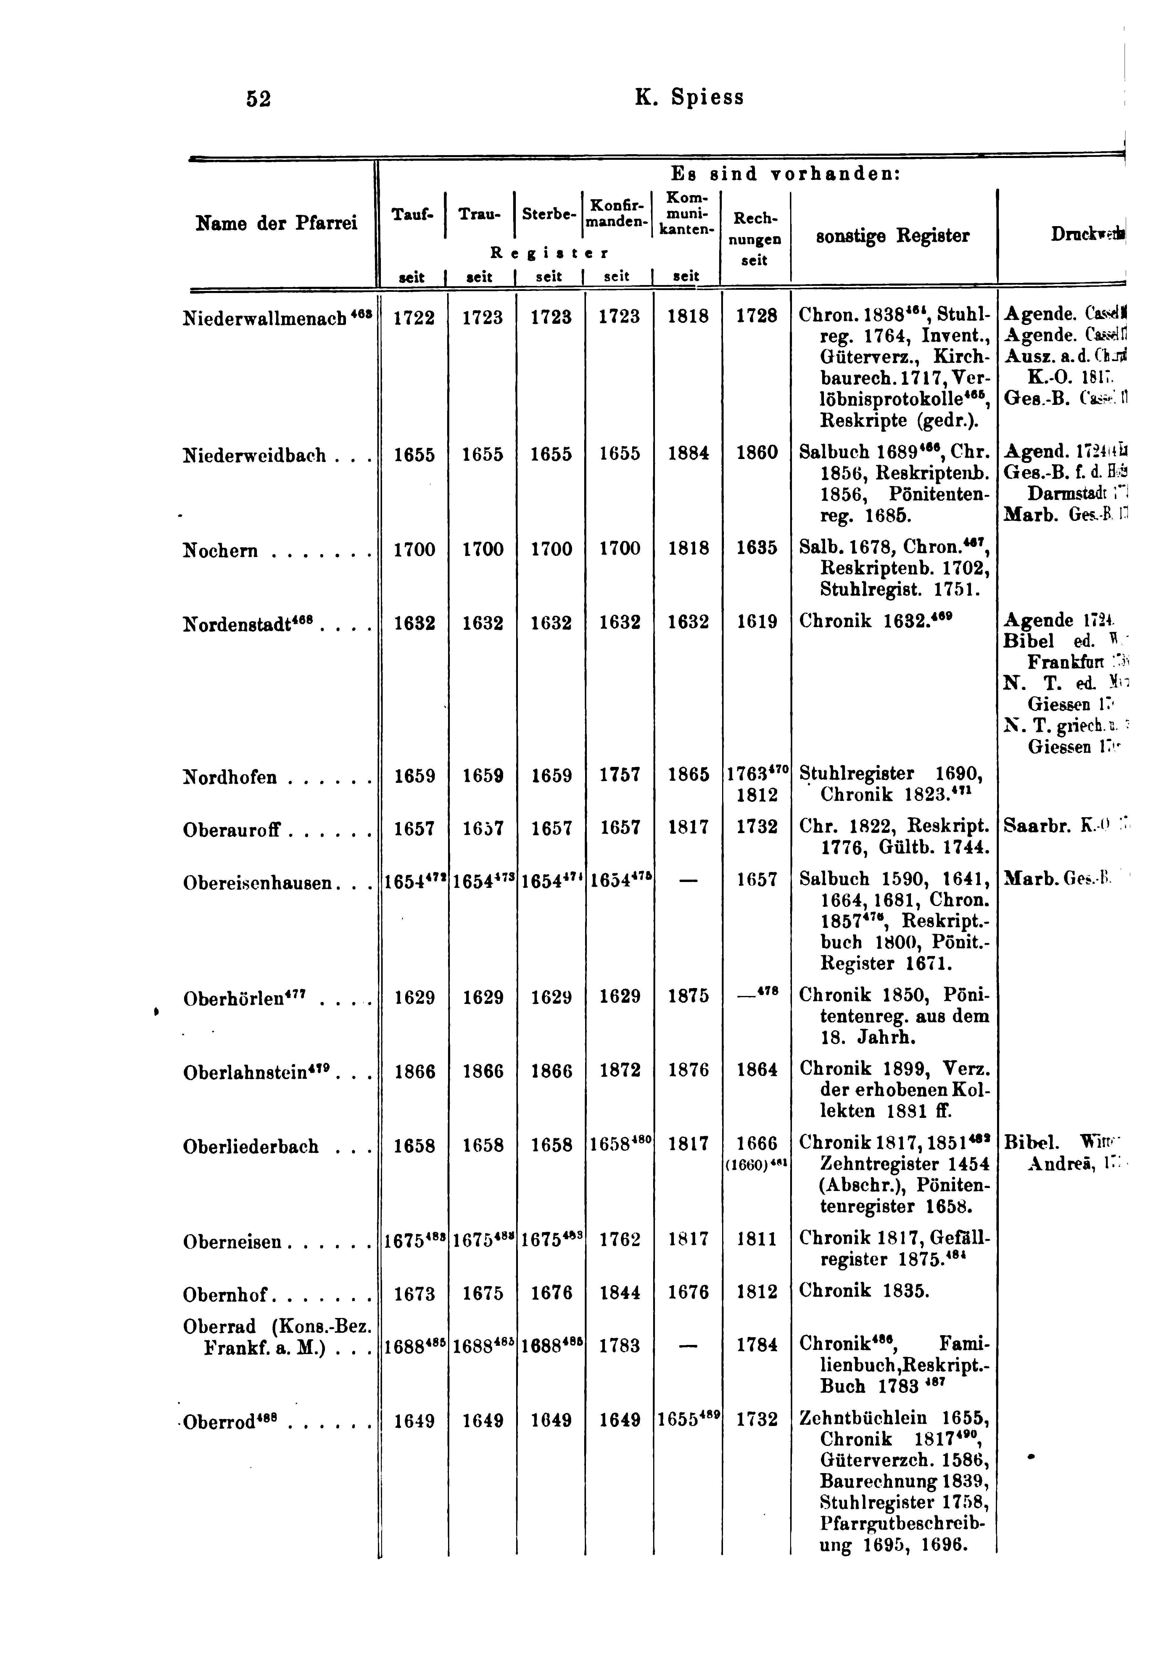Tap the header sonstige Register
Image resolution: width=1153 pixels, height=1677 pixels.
pyautogui.click(x=892, y=236)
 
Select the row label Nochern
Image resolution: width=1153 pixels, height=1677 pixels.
pyautogui.click(x=220, y=551)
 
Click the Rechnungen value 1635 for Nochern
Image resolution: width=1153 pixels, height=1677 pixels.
pyautogui.click(x=756, y=548)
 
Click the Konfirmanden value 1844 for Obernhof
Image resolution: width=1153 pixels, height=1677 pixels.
pyautogui.click(x=619, y=1293)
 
